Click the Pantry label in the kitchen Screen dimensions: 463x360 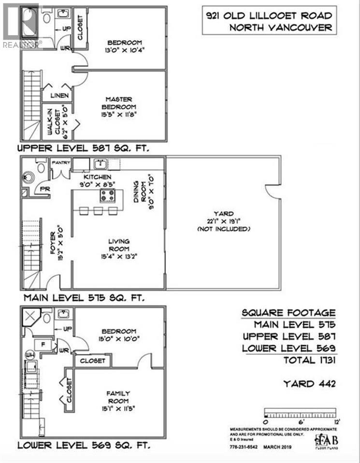tap(61, 163)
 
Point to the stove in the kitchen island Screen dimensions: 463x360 tap(107, 196)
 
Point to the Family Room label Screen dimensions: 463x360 tap(118, 397)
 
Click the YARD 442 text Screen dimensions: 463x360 tap(309, 384)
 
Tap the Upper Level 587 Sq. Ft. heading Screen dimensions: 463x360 tap(84, 148)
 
